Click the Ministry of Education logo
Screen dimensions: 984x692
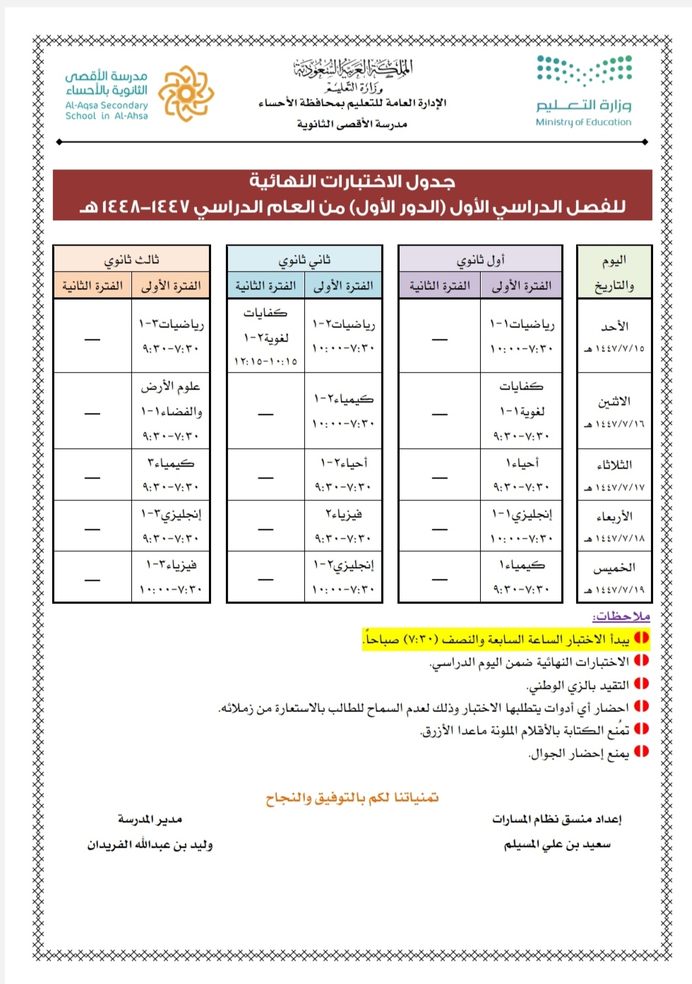coord(584,91)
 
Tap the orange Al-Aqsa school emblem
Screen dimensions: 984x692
coord(186,93)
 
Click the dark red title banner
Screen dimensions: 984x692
coord(352,194)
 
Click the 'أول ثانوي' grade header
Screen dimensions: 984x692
coord(480,260)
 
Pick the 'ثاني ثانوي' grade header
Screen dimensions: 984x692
coord(304,260)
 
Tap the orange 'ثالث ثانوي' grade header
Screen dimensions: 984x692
coord(131,260)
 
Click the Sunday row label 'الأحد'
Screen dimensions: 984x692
coord(614,326)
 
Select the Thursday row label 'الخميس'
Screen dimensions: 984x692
coord(614,568)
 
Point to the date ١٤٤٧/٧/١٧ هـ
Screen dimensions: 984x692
coord(614,488)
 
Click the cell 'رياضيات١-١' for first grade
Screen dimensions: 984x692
coord(522,324)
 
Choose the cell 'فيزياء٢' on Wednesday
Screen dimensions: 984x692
coord(343,515)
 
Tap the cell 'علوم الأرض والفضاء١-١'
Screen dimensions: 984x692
coord(171,399)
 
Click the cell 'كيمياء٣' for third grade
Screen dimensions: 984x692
coord(171,463)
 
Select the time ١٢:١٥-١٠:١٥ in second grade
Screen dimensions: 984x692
coord(266,361)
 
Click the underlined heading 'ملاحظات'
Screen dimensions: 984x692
coord(621,616)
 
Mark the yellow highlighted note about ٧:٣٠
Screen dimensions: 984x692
coord(505,640)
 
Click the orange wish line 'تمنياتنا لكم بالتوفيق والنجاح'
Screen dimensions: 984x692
coord(352,798)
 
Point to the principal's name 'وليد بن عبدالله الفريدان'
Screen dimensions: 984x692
coord(150,845)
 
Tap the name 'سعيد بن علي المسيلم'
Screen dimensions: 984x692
coord(557,845)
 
